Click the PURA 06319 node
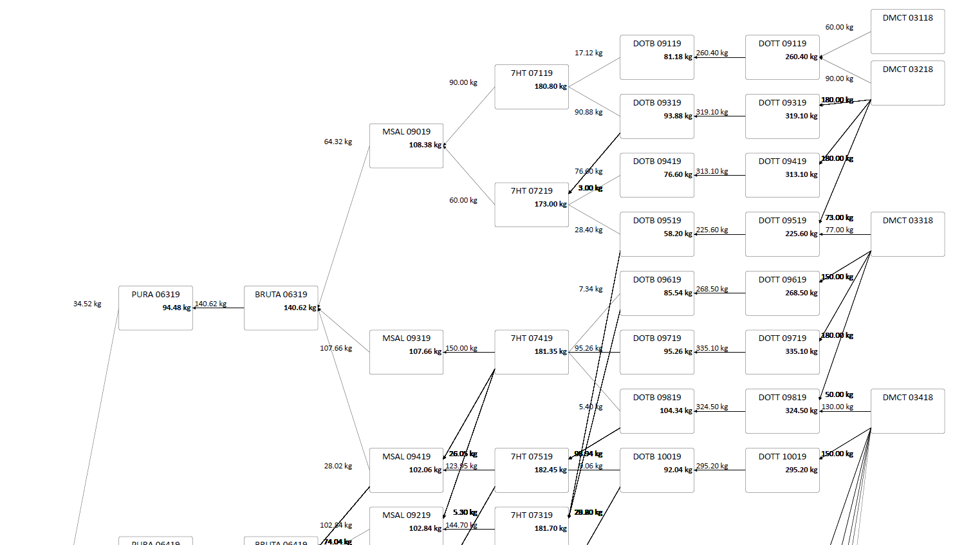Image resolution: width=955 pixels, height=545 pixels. click(155, 308)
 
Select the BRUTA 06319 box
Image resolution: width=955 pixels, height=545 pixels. click(281, 308)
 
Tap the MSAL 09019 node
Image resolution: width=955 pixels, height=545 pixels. click(406, 145)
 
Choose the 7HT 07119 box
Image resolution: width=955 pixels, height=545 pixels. click(532, 86)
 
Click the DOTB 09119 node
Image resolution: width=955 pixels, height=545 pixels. click(656, 57)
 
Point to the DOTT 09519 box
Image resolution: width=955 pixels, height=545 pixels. click(782, 234)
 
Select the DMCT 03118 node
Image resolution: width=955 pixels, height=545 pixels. click(907, 31)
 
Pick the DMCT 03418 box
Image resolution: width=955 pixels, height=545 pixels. click(907, 411)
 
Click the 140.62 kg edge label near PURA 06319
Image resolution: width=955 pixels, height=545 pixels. click(210, 304)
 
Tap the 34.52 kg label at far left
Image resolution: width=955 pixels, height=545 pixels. click(87, 304)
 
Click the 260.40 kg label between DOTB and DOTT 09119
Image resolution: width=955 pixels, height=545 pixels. click(712, 53)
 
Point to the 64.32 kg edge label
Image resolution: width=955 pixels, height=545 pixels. click(338, 142)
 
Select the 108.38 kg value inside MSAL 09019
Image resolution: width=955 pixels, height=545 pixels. click(425, 145)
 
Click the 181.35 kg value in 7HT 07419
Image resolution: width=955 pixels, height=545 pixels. click(550, 351)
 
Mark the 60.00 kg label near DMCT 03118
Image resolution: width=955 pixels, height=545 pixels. click(839, 27)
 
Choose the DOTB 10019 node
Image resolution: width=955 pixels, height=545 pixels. click(656, 470)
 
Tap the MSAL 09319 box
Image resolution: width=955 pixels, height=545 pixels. click(406, 351)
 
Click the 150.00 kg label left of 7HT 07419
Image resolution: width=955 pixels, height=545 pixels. click(461, 348)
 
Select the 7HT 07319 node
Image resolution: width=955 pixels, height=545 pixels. click(532, 524)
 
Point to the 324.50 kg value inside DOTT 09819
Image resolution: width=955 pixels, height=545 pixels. click(801, 411)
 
